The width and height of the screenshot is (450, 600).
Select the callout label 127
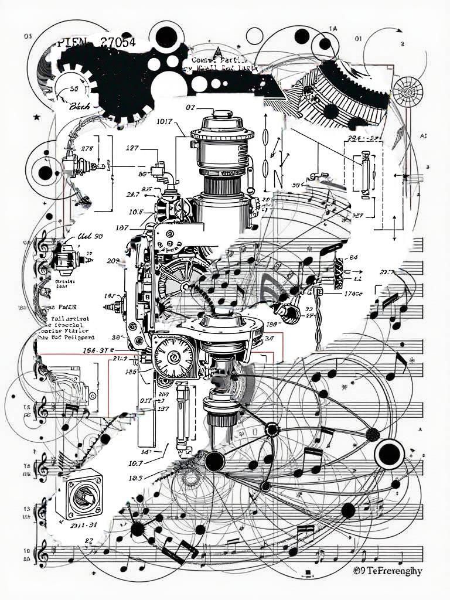pyautogui.click(x=132, y=148)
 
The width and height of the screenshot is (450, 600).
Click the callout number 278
pyautogui.click(x=87, y=148)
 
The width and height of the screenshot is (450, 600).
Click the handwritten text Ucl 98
pyautogui.click(x=90, y=236)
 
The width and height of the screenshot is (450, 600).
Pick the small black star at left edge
pyautogui.click(x=37, y=118)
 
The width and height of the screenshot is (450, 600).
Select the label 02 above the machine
pyautogui.click(x=190, y=108)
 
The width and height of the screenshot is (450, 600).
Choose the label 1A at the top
pyautogui.click(x=333, y=28)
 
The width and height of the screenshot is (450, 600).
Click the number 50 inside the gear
pyautogui.click(x=74, y=89)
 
